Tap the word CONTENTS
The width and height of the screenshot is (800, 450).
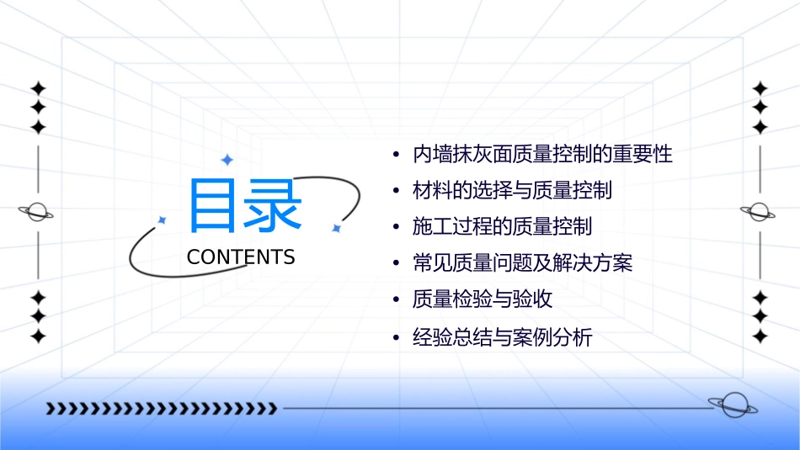(x=241, y=257)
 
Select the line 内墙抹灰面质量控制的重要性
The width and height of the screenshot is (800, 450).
(x=542, y=155)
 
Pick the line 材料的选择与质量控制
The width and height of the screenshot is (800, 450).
(x=512, y=191)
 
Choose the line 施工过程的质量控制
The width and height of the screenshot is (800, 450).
(x=502, y=227)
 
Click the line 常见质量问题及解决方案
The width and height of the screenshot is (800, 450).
(x=522, y=263)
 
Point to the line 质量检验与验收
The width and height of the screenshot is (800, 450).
(x=483, y=299)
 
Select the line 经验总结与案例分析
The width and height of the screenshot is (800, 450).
(x=502, y=338)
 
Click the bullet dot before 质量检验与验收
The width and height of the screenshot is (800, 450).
(x=396, y=300)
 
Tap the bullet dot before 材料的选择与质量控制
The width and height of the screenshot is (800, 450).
(x=396, y=192)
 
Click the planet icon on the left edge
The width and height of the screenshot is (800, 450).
(x=37, y=212)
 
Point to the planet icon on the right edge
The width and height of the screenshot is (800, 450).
(x=759, y=212)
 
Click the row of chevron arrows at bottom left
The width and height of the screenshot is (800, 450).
(x=161, y=409)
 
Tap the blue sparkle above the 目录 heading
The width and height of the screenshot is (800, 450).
(x=226, y=160)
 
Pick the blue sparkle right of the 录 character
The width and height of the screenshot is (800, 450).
(x=335, y=228)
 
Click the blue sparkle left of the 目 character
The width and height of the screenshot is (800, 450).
(x=162, y=220)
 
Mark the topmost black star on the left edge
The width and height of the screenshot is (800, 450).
(x=37, y=88)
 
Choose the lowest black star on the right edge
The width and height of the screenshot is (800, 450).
(x=760, y=336)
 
